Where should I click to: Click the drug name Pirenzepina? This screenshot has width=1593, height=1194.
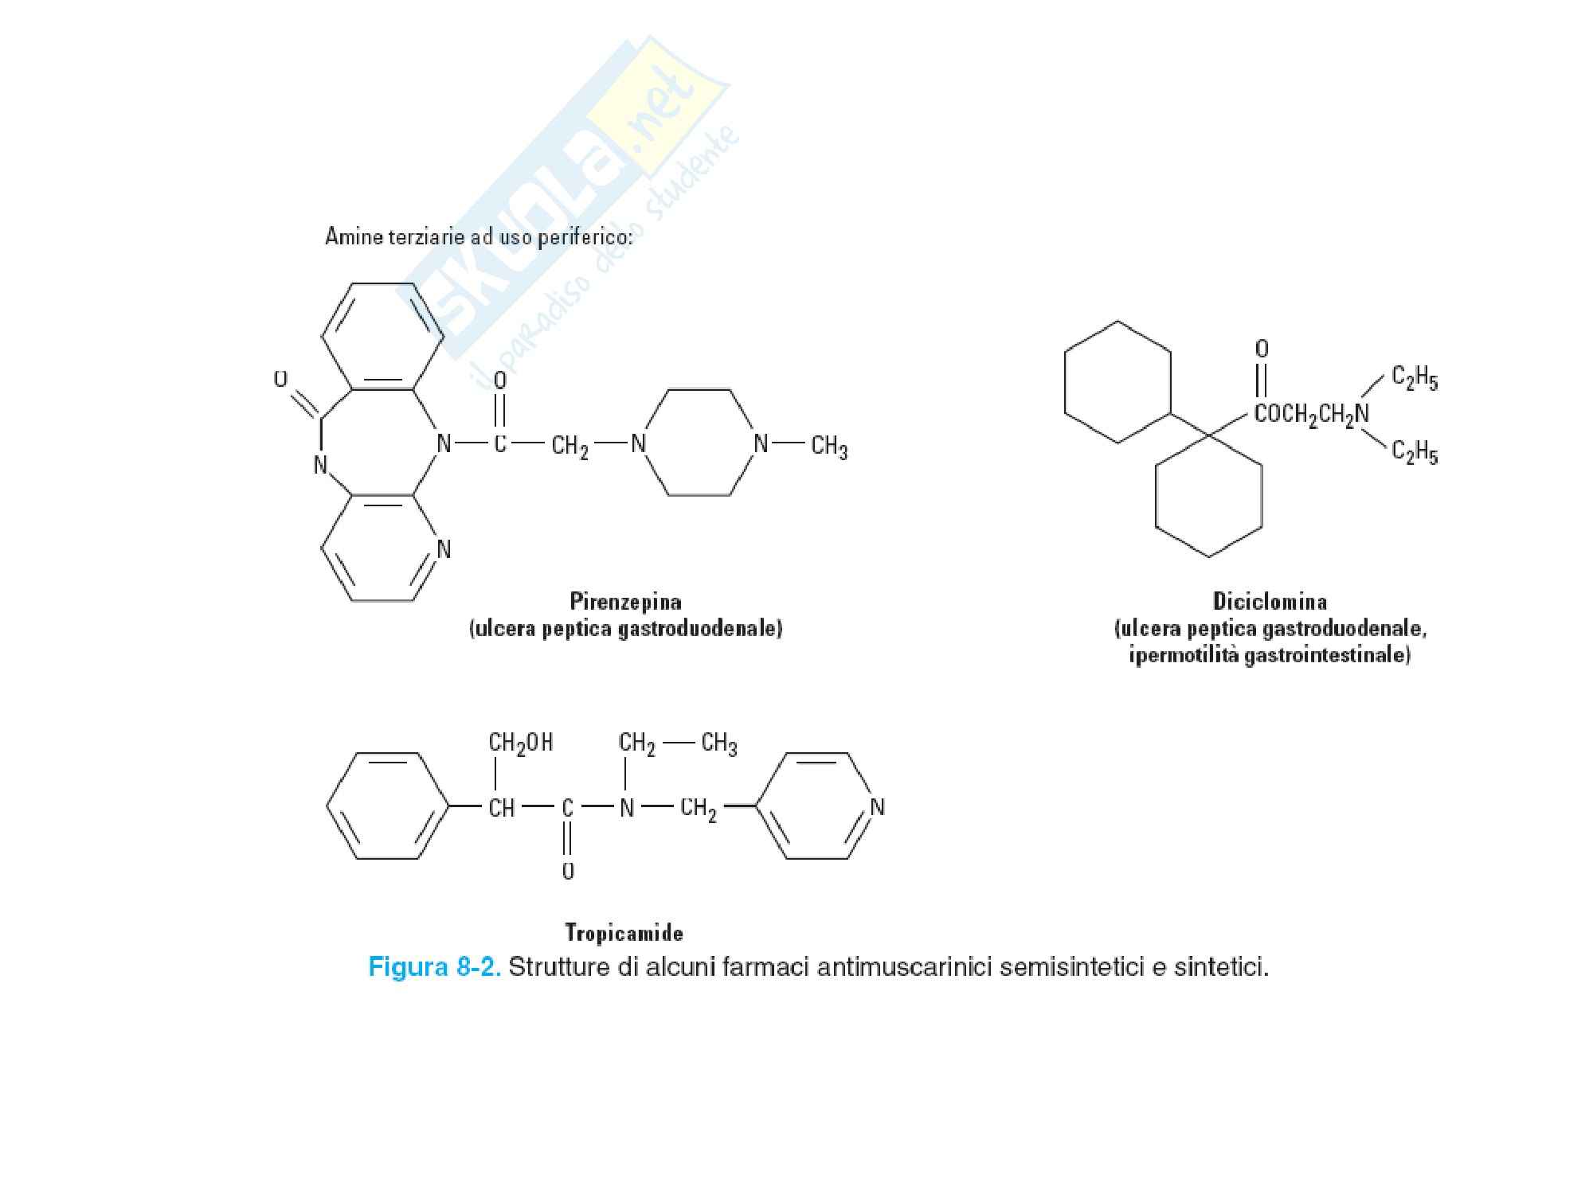pyautogui.click(x=625, y=600)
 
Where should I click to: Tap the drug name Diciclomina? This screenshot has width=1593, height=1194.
pyautogui.click(x=1270, y=600)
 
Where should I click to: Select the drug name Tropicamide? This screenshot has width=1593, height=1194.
pyautogui.click(x=624, y=931)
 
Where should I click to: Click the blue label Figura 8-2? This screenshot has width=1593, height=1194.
pyautogui.click(x=434, y=967)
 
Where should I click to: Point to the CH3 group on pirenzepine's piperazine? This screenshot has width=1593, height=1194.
pyautogui.click(x=828, y=446)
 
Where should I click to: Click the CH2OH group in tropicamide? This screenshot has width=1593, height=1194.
pyautogui.click(x=520, y=743)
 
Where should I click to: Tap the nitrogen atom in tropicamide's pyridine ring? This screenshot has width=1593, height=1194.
pyautogui.click(x=877, y=807)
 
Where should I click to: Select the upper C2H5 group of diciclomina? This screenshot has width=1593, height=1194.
pyautogui.click(x=1415, y=379)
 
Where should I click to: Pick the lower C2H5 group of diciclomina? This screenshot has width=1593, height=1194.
pyautogui.click(x=1415, y=454)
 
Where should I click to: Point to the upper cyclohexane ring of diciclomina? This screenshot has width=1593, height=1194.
pyautogui.click(x=1117, y=382)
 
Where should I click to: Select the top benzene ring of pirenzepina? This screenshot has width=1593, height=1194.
pyautogui.click(x=382, y=336)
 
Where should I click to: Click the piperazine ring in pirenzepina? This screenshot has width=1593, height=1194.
pyautogui.click(x=699, y=443)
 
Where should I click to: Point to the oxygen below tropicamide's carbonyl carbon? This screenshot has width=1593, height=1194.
pyautogui.click(x=567, y=871)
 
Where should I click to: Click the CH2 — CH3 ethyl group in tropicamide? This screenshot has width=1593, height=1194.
pyautogui.click(x=677, y=743)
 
